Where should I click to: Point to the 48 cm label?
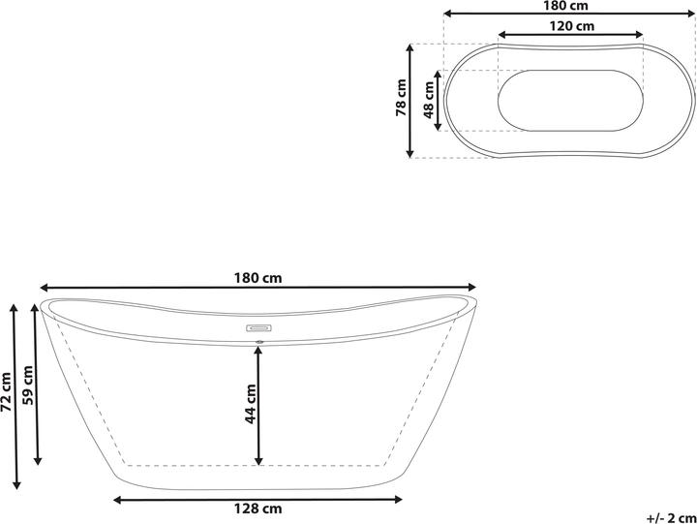pyautogui.click(x=429, y=100)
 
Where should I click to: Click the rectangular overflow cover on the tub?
pyautogui.click(x=258, y=327)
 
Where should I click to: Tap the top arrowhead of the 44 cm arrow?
pyautogui.click(x=258, y=349)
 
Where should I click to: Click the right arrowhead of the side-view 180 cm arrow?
pyautogui.click(x=473, y=287)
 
